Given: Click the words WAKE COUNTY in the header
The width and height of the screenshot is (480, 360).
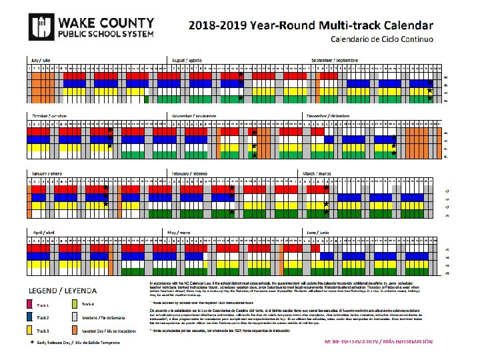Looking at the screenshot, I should [x=96, y=21].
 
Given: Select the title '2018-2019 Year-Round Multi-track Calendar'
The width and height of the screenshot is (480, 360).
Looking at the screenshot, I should [x=311, y=25].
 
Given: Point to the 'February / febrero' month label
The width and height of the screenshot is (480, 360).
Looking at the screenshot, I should [x=189, y=173].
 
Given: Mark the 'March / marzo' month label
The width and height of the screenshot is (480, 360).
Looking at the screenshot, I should [x=319, y=173].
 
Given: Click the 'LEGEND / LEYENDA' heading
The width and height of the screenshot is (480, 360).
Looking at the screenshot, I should [x=61, y=291].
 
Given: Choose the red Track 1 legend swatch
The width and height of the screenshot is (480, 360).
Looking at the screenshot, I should [x=31, y=304].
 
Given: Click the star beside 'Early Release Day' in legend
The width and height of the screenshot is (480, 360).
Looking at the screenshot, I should [x=31, y=341].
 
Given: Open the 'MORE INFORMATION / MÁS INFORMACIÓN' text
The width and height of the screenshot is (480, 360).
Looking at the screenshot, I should [x=378, y=341].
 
